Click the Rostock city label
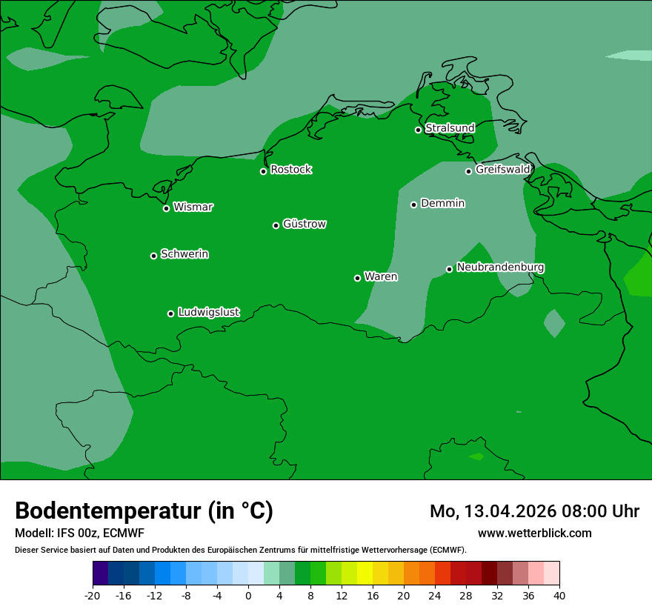[290, 170]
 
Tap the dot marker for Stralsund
[418, 130]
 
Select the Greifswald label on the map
[502, 170]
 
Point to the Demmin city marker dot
[413, 205]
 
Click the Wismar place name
[193, 207]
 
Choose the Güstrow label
[305, 224]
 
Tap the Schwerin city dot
[153, 256]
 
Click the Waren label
[381, 276]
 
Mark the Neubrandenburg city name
[500, 267]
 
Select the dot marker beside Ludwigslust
[170, 313]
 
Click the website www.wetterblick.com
[534, 533]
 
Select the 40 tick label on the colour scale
[559, 595]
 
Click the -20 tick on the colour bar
[92, 595]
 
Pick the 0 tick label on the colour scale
[248, 595]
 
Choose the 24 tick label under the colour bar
[434, 595]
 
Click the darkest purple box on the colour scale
[100, 574]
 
